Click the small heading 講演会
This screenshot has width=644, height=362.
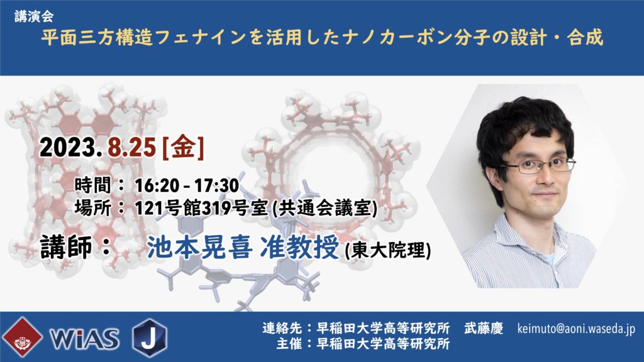click(x=34, y=16)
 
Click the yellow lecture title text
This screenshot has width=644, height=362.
click(x=322, y=37)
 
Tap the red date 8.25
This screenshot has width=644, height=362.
click(x=132, y=147)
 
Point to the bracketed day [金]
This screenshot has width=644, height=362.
click(x=183, y=147)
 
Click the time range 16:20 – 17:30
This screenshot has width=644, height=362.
click(x=187, y=185)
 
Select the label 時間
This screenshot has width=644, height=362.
click(x=93, y=185)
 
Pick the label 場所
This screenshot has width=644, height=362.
click(x=93, y=208)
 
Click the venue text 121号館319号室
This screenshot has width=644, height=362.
click(x=202, y=208)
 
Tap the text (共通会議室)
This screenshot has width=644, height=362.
click(x=325, y=208)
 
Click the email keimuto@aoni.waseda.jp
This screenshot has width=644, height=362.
click(x=576, y=329)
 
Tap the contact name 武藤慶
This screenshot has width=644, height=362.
click(x=484, y=328)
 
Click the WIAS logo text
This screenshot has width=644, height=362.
click(x=85, y=339)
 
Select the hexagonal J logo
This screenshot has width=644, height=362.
click(x=150, y=337)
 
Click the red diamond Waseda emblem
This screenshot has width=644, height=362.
click(x=22, y=337)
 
